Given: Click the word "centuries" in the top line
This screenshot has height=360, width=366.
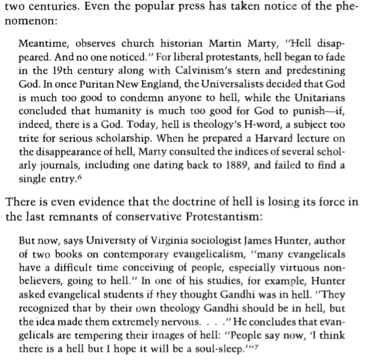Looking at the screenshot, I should pos(44,7).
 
